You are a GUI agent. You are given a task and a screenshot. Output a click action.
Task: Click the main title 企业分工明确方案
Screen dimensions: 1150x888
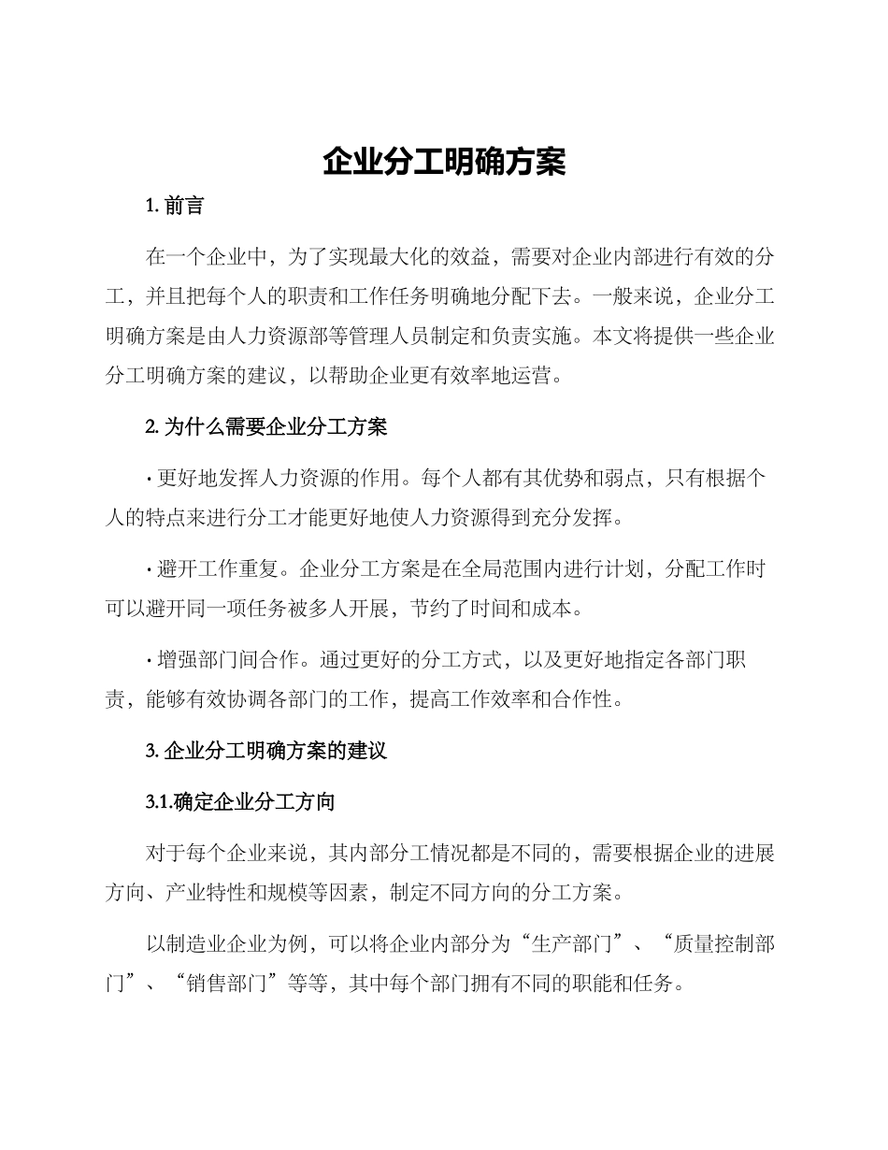click(444, 162)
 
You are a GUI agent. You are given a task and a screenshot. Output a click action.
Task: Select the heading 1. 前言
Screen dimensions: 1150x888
click(175, 206)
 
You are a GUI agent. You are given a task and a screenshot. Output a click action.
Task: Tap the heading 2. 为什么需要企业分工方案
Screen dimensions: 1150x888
click(266, 427)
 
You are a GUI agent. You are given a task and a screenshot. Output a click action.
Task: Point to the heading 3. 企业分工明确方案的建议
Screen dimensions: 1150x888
click(266, 751)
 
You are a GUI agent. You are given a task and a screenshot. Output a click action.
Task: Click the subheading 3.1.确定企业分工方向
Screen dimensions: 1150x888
click(240, 802)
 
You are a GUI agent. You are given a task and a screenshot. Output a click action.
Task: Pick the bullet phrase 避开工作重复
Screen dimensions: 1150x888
click(220, 568)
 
